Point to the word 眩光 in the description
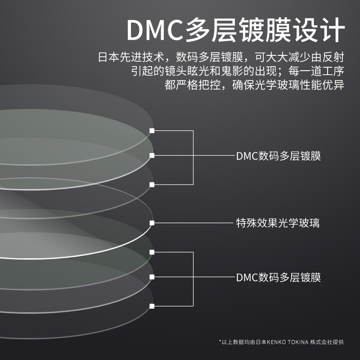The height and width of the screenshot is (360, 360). pos(200,71)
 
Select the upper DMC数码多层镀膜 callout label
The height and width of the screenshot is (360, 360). pos(279,156)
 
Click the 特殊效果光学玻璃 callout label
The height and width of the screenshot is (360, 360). pos(279,223)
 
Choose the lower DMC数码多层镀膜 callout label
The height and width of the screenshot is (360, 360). pos(279,277)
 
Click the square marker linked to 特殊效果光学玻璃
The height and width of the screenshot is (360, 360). pos(152,223)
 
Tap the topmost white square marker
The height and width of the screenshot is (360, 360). pos(152,130)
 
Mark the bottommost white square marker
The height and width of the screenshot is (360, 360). pos(152,306)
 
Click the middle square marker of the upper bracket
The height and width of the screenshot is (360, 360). pos(152,155)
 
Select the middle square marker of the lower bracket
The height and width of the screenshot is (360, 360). pos(152,277)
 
